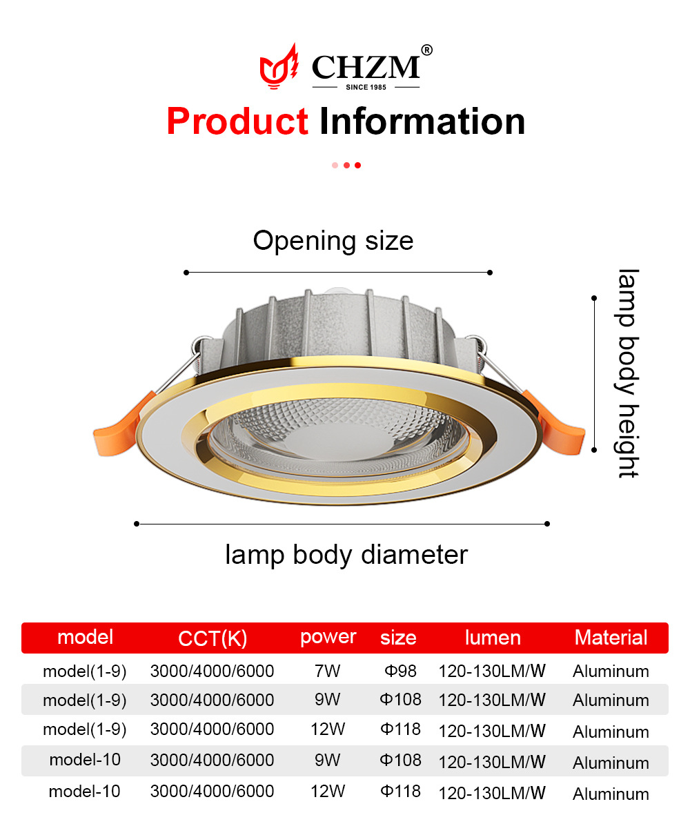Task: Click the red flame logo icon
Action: point(279,66)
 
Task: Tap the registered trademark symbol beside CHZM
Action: point(426,50)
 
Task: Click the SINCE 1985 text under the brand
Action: point(366,87)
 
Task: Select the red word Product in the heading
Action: point(237,121)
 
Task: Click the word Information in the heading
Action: point(422,121)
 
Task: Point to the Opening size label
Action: point(333,242)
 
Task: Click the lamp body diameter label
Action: point(346,555)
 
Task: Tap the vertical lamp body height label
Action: point(628,373)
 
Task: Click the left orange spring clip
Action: point(122,426)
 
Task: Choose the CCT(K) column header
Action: point(213,638)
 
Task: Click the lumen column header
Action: point(493,638)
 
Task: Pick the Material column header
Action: point(611,638)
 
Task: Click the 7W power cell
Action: point(327,671)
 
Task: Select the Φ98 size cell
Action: point(400,671)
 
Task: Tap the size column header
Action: point(398,638)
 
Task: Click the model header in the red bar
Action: point(85,637)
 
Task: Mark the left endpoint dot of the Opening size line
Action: point(186,272)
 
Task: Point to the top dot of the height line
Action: point(594,298)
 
